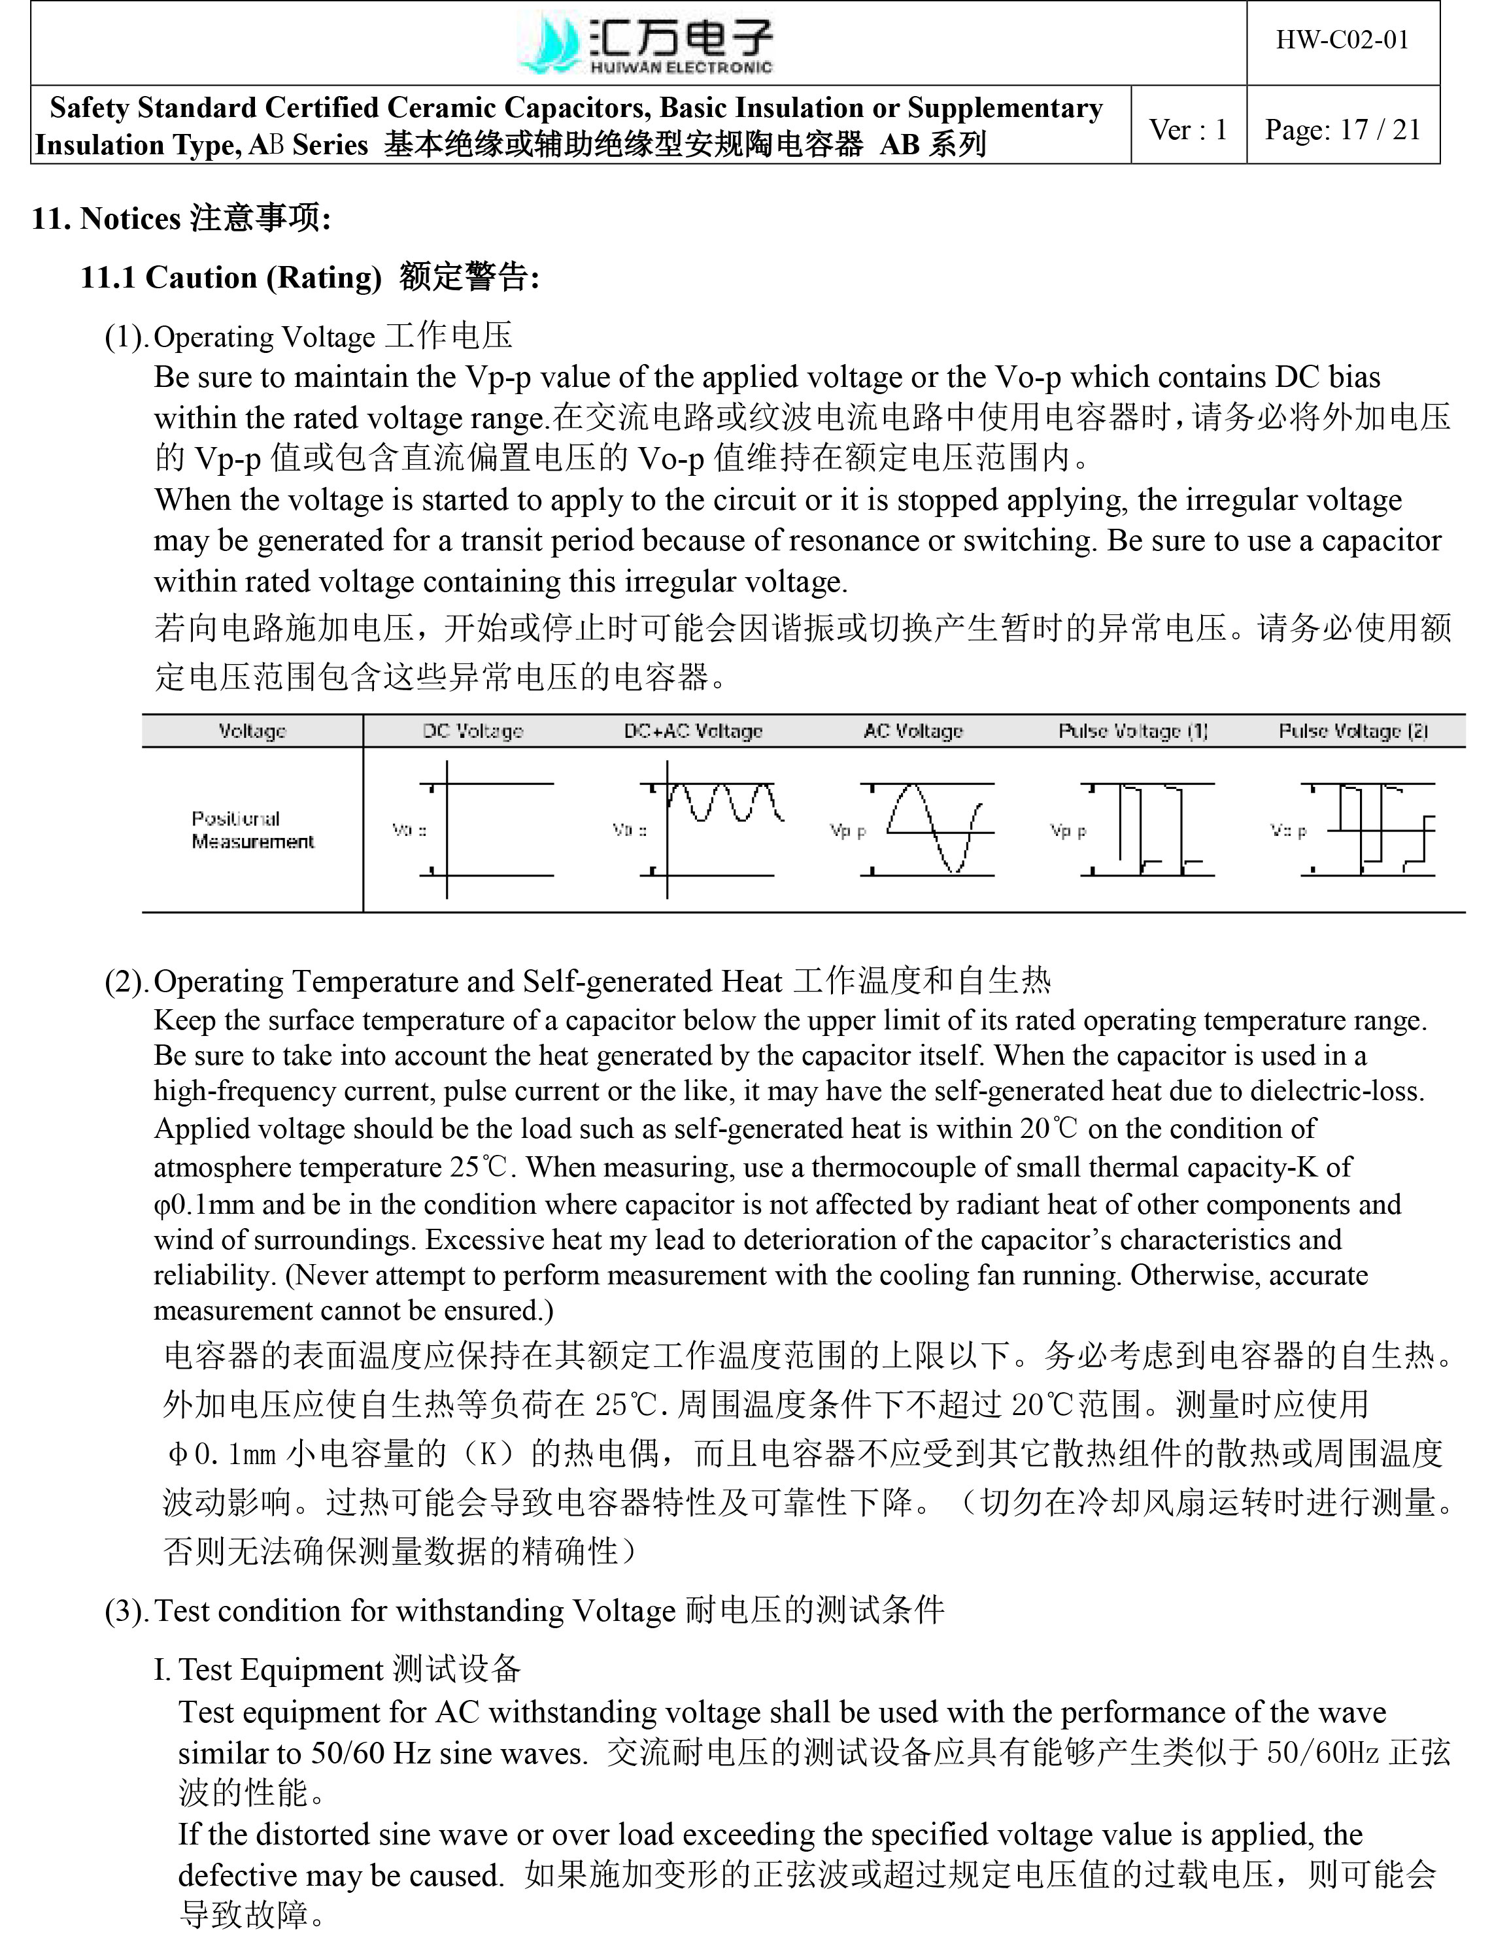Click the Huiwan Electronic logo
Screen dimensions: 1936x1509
[x=645, y=44]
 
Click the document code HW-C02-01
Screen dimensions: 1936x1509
[x=1342, y=40]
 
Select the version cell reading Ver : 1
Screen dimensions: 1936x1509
[x=1188, y=129]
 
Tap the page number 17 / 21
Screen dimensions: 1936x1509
[x=1342, y=129]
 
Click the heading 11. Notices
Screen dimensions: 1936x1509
[x=181, y=218]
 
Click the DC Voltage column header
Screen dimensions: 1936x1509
[x=473, y=731]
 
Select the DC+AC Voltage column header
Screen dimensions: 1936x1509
[x=692, y=731]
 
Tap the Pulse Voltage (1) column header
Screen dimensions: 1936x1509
[x=1132, y=731]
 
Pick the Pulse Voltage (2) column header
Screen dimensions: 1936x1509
[x=1352, y=731]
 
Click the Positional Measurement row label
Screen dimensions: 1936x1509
[x=252, y=829]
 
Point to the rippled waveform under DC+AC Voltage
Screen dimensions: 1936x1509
[x=722, y=802]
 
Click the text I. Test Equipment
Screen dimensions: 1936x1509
[x=336, y=1669]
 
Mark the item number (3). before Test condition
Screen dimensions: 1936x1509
[x=126, y=1611]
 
